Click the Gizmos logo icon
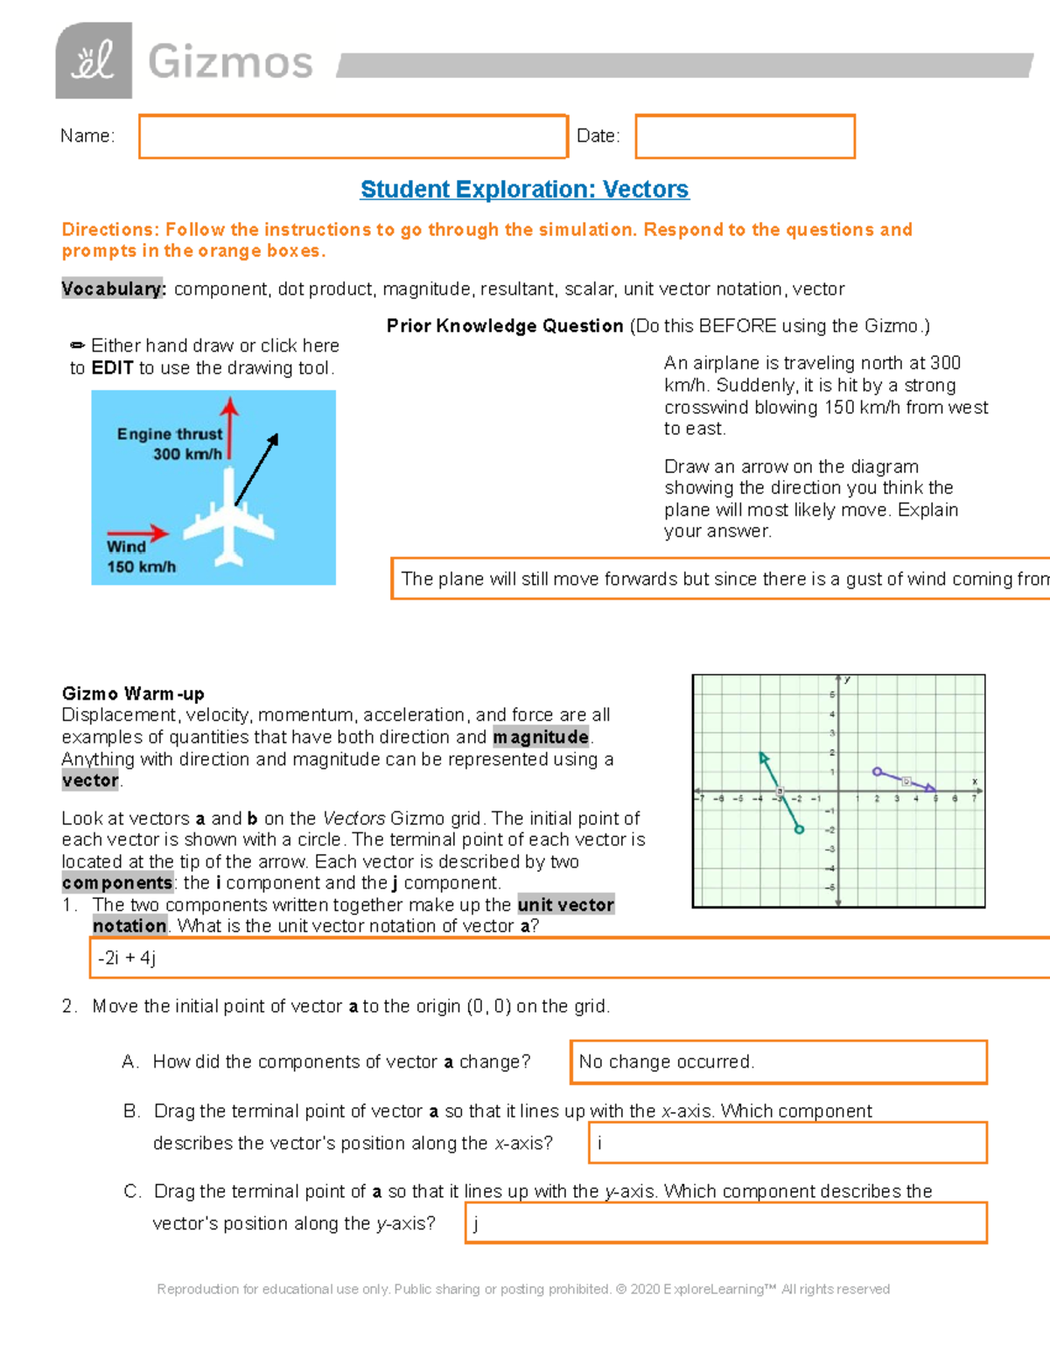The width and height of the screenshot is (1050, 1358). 94,60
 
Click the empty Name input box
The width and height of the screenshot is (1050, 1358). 353,136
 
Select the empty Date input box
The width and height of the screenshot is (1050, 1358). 745,136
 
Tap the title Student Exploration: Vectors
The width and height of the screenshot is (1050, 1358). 524,189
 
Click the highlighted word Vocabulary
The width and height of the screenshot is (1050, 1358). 113,289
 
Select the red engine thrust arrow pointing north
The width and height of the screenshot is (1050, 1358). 229,428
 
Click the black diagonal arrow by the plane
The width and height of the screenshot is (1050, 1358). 256,470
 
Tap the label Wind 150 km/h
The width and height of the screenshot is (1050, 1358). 140,557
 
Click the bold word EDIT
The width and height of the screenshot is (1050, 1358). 112,368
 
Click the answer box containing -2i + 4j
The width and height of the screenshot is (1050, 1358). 569,958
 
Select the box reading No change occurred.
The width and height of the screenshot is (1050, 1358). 778,1062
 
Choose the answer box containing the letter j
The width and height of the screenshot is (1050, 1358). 725,1222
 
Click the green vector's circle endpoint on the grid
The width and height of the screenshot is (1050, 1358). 799,829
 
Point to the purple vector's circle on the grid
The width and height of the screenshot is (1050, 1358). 877,771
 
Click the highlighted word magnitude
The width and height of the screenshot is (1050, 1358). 541,737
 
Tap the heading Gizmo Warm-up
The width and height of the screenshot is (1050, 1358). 133,693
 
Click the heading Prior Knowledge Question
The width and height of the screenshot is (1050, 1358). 505,326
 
